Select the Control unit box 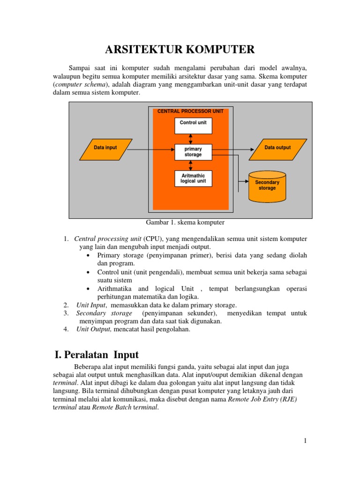tap(193, 125)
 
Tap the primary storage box tap(193, 151)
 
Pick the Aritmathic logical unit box tap(193, 179)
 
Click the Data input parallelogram tap(105, 148)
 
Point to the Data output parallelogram tap(277, 148)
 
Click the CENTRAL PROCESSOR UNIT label tap(190, 112)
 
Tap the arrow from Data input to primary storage tap(150, 150)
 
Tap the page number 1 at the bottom tap(305, 441)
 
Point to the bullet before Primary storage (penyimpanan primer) tap(89, 256)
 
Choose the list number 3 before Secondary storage tap(66, 313)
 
